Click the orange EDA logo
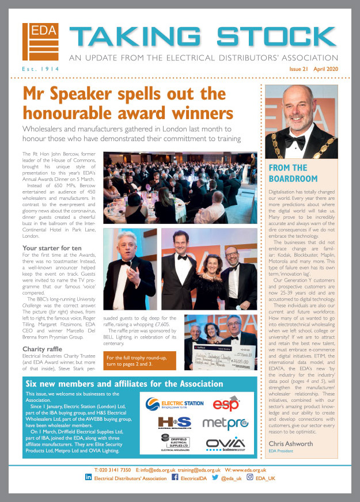(41, 42)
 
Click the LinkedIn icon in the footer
(89, 478)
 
